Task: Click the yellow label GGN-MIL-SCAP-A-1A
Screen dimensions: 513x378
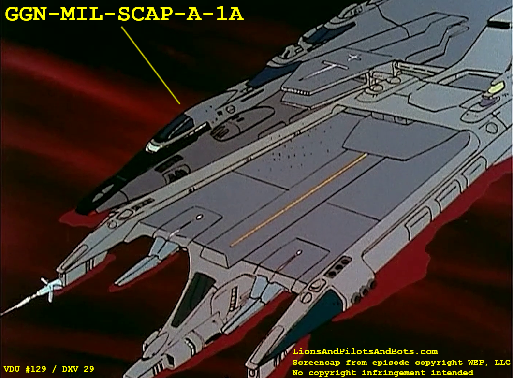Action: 124,14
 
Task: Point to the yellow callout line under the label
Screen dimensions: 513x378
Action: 150,65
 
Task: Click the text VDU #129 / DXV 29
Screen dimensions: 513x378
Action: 49,369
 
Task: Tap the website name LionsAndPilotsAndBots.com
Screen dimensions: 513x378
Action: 365,351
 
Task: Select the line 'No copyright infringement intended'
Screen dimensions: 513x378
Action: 383,372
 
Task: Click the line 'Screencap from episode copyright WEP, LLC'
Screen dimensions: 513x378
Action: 401,363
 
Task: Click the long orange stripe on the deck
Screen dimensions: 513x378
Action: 299,200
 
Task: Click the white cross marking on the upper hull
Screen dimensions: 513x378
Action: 353,58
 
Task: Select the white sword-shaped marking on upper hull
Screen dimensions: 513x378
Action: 324,69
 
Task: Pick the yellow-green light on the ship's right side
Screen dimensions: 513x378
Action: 495,87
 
